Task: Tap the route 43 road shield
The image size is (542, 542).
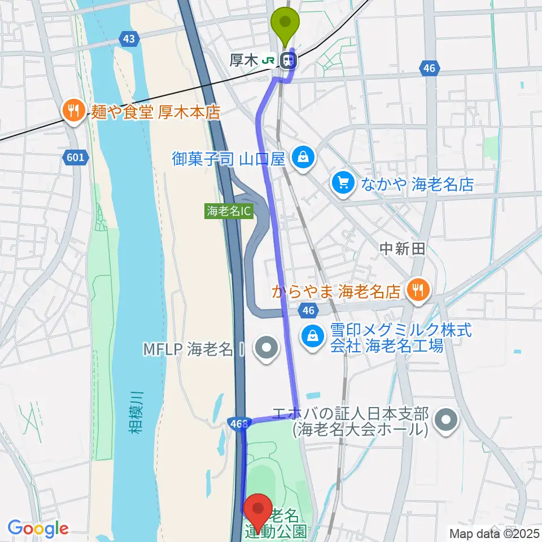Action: click(129, 38)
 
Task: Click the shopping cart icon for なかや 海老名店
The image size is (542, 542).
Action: click(343, 182)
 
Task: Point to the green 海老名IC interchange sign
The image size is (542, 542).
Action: click(229, 212)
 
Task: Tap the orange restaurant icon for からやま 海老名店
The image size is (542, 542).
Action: click(418, 290)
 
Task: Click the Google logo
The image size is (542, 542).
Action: click(38, 528)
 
